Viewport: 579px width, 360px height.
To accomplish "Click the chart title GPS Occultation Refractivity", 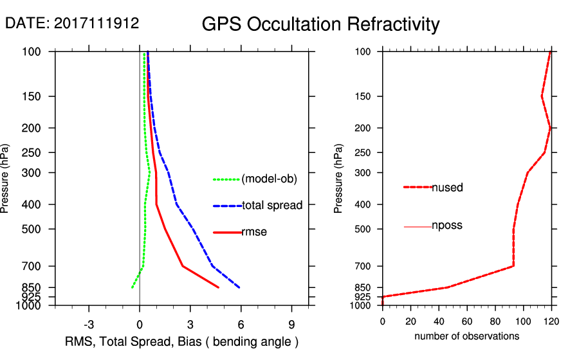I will (x=320, y=24).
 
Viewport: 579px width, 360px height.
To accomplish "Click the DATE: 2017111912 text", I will (x=72, y=23).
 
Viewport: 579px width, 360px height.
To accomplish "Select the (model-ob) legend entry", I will (x=270, y=179).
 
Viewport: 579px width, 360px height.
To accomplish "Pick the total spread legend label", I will (x=271, y=206).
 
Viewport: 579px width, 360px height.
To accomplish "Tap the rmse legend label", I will (x=253, y=232).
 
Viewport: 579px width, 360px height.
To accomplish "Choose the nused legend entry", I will (x=447, y=187).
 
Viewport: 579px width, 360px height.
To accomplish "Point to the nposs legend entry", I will (x=447, y=226).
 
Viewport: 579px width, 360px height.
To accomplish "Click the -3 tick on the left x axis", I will (x=89, y=324).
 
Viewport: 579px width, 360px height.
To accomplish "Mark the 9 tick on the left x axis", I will (x=292, y=324).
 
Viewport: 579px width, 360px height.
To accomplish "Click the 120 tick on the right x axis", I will (x=551, y=320).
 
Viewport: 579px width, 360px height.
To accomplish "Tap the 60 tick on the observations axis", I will (x=467, y=320).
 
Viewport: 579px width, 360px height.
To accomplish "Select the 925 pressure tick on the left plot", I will (x=32, y=297).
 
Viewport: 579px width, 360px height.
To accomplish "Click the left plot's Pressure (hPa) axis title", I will (x=6, y=178).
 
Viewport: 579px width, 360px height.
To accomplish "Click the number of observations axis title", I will (x=466, y=336).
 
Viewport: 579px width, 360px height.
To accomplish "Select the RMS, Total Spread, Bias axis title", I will (x=182, y=341).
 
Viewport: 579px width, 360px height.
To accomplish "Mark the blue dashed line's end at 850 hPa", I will (x=239, y=287).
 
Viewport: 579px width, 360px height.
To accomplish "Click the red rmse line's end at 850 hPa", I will (x=219, y=287).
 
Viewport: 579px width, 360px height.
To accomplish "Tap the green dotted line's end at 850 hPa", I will (x=132, y=287).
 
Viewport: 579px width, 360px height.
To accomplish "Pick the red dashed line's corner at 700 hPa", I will (x=513, y=265).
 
